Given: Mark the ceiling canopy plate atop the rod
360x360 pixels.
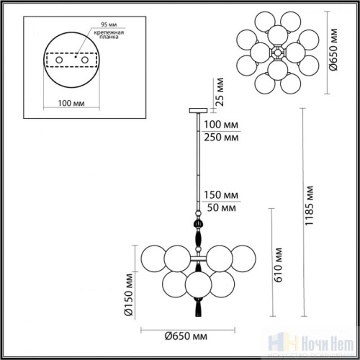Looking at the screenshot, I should [x=196, y=110].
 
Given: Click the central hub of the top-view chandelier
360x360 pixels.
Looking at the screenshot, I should [x=277, y=53].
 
